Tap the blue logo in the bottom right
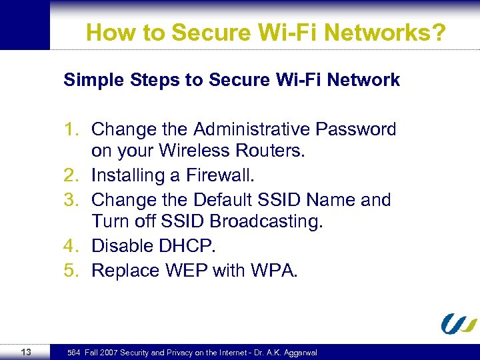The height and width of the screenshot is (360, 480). pyautogui.click(x=459, y=323)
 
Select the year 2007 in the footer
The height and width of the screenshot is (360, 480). pyautogui.click(x=108, y=352)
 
